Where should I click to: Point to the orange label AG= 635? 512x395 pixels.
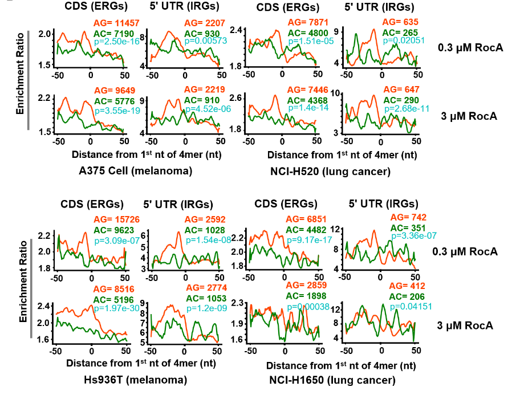pos(400,23)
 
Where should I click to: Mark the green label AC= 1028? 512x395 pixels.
pos(202,231)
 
